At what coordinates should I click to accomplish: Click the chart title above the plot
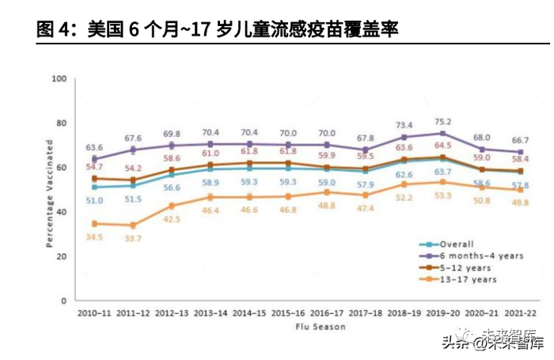217,30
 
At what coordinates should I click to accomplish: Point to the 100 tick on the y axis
59,78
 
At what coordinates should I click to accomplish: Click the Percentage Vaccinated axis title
49,191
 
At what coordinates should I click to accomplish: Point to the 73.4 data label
403,126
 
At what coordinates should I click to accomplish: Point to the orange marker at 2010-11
95,224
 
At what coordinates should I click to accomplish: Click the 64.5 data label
445,146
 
